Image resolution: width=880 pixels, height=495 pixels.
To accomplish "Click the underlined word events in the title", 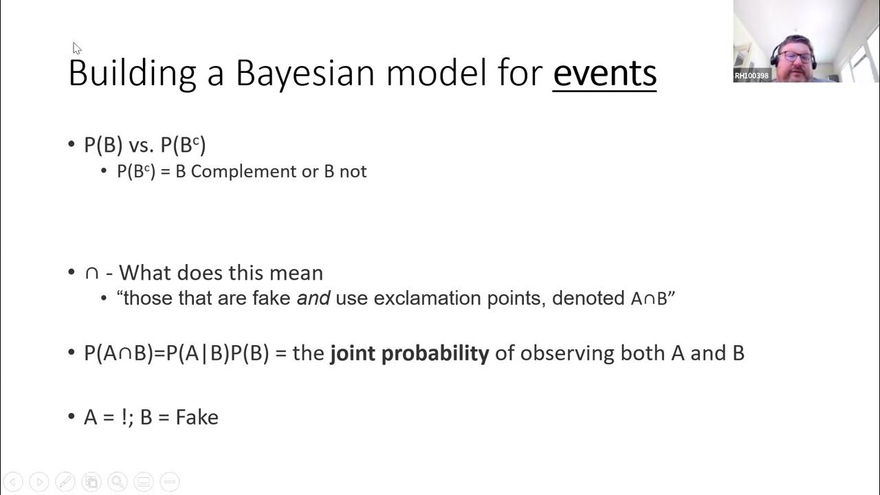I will click(x=604, y=73).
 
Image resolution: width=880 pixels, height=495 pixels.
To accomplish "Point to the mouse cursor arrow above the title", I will click(x=76, y=48).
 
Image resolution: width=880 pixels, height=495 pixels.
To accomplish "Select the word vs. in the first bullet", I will click(x=142, y=145).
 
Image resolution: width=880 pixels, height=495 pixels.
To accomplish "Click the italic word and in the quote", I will click(x=313, y=298).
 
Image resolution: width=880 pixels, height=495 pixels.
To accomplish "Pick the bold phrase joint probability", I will click(x=410, y=353).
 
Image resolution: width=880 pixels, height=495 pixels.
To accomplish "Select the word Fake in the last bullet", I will click(x=197, y=417).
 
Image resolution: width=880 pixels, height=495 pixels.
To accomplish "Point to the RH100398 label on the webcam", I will click(x=751, y=76).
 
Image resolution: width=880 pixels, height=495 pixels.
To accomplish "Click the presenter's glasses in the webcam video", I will click(x=796, y=56).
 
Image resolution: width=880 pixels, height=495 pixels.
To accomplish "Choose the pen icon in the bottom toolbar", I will click(x=65, y=482).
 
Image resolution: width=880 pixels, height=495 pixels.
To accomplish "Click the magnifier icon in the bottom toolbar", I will click(x=117, y=482).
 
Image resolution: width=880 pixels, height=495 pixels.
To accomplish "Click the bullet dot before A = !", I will click(x=71, y=417).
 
